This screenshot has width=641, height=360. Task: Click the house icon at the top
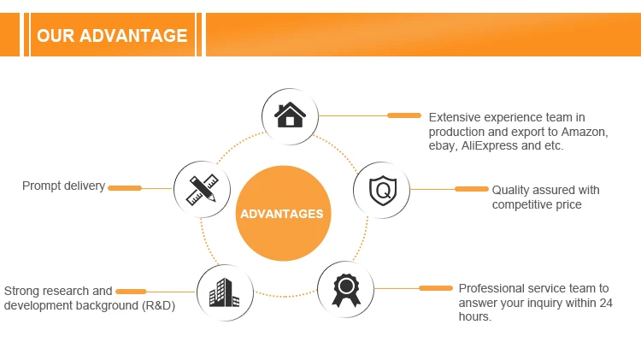point(290,115)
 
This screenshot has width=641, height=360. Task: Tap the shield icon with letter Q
point(381,189)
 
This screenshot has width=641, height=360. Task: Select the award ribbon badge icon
point(345,289)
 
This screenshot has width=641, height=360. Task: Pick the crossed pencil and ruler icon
point(202,189)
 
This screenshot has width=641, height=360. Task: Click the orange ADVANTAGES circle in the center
point(282,214)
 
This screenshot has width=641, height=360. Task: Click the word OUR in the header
point(56,36)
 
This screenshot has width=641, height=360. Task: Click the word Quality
point(511,190)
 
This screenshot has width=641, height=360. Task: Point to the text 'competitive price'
point(537,204)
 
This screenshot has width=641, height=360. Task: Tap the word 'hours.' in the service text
point(475,317)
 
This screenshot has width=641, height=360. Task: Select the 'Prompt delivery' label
point(63,186)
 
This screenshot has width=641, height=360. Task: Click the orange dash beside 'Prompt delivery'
point(125,188)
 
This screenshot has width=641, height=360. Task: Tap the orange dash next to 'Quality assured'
point(471,189)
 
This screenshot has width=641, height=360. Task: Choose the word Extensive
point(454,117)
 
